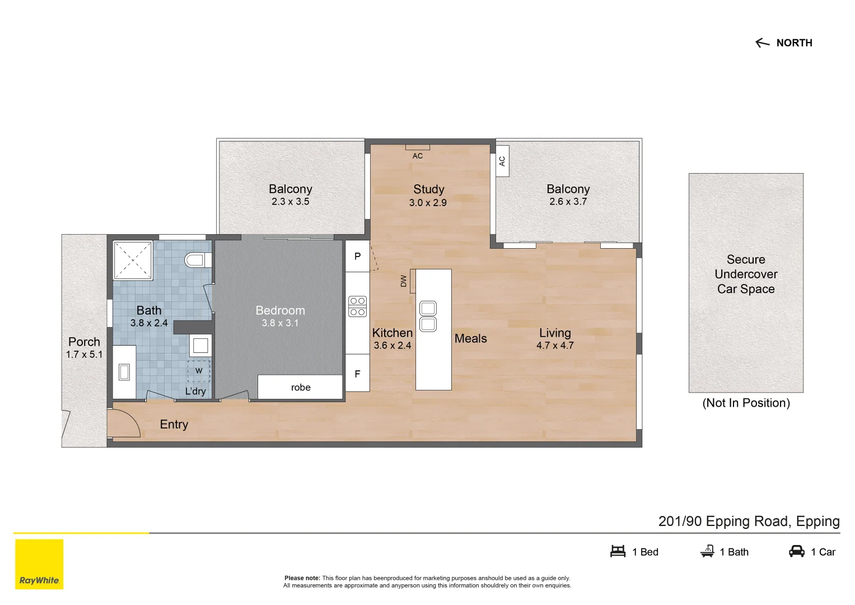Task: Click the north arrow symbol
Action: coord(762,43)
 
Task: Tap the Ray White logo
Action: coord(39,564)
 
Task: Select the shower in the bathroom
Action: coord(133,260)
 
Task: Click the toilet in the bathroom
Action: coord(197,260)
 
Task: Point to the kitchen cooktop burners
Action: coord(357,306)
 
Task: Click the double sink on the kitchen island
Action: coord(428,316)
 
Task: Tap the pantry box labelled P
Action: coord(357,257)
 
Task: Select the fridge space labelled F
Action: coord(357,374)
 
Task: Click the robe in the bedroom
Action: coord(300,387)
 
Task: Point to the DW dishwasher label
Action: coord(404,281)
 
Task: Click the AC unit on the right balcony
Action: coord(502,161)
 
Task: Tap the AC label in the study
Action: coord(418,156)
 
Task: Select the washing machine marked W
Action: coord(199,371)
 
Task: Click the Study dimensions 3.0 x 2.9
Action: coord(428,203)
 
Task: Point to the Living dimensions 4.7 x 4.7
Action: coord(555,346)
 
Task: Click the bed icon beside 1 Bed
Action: coord(618,551)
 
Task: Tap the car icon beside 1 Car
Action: coord(796,551)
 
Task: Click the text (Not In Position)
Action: coord(746,403)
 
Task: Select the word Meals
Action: coord(470,338)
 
